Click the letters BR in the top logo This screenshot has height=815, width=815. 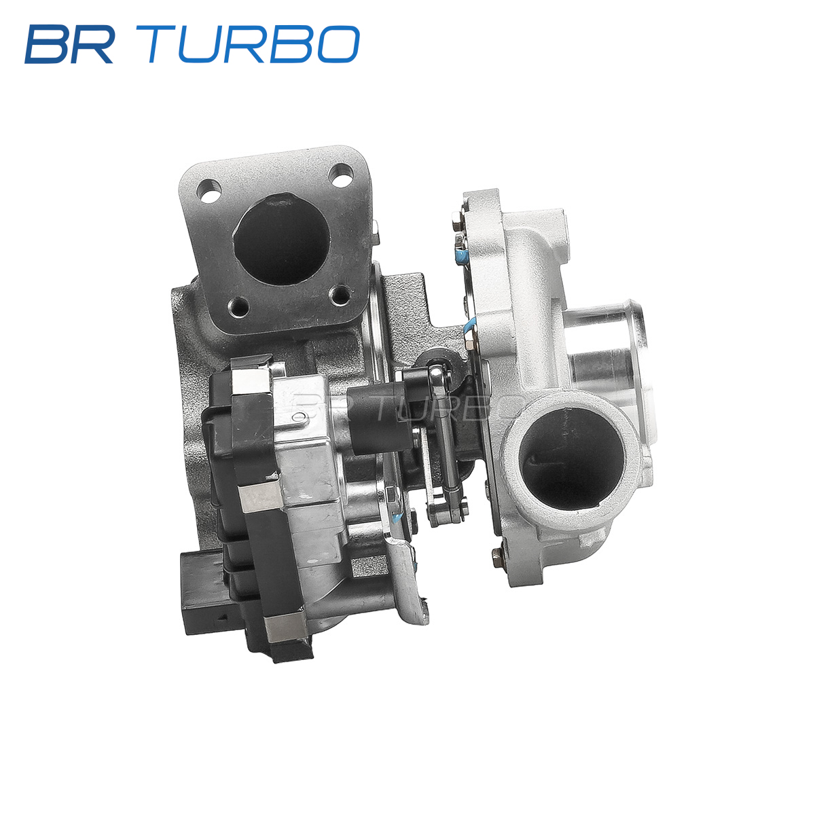coord(69,44)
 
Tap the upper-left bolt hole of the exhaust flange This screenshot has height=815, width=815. coord(209,191)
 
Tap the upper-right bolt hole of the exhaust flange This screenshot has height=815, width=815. coord(341,175)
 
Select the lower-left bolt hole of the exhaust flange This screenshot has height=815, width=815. coord(238,306)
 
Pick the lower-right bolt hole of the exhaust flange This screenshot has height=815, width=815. coord(340,295)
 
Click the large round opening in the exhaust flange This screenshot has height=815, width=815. coord(281,239)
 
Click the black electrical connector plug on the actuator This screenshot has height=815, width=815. coord(203,593)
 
